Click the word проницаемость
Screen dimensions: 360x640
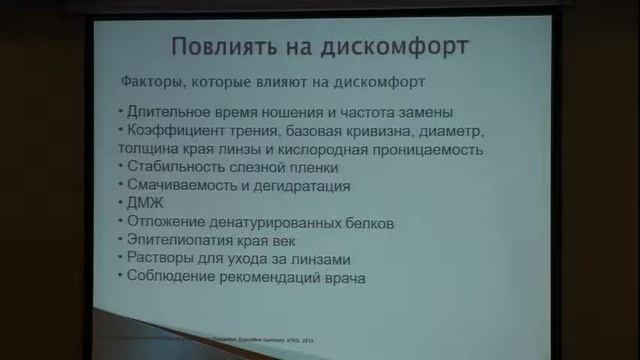coord(436,150)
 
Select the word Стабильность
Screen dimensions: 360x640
coord(172,168)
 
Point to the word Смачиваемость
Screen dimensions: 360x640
coord(177,186)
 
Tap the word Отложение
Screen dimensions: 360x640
coord(163,222)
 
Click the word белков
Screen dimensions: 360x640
coord(369,222)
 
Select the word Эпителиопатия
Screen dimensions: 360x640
coord(179,240)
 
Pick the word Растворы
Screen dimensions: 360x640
coord(157,258)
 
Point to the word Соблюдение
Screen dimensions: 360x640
coord(168,277)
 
